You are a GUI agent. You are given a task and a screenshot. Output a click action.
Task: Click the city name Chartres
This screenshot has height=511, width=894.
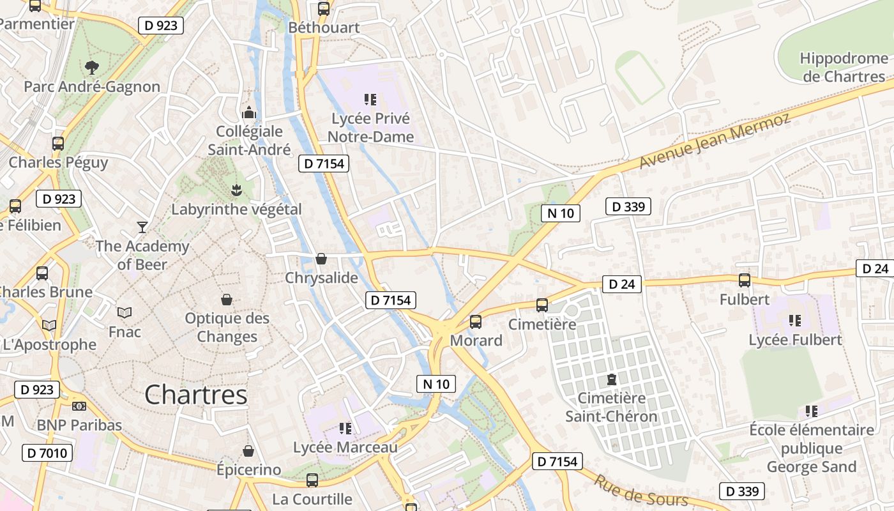point(195,395)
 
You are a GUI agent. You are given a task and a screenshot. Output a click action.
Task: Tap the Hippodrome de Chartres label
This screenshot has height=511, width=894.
point(843,68)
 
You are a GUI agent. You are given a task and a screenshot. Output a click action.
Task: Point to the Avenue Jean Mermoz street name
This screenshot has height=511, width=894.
point(715,141)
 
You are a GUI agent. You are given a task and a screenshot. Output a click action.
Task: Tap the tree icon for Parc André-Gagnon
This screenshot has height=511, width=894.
point(92,67)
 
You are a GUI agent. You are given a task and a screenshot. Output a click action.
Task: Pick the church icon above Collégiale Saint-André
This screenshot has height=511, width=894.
point(249,112)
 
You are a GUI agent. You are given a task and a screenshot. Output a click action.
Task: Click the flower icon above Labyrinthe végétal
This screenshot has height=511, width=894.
point(236,190)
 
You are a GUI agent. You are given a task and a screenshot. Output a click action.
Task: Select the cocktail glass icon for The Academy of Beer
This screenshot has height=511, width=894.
point(142,227)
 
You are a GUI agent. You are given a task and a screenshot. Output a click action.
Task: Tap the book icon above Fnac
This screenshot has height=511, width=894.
point(125,312)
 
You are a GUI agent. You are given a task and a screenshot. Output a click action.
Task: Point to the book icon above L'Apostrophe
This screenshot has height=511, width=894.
point(49,325)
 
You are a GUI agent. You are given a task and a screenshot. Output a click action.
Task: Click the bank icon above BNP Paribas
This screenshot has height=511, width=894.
point(79,406)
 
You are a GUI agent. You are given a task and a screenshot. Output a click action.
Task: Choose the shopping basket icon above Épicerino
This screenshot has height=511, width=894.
point(248,451)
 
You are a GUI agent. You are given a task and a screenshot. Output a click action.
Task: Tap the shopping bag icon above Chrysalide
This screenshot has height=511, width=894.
point(321,258)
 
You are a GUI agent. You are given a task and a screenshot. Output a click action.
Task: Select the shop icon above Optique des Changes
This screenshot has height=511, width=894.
point(226,299)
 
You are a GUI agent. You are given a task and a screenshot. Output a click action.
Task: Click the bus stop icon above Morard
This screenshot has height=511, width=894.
point(476,321)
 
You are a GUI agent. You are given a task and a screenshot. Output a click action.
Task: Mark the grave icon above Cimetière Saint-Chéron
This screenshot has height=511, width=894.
point(612,379)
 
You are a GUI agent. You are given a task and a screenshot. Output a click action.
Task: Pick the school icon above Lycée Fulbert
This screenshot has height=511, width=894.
point(795,320)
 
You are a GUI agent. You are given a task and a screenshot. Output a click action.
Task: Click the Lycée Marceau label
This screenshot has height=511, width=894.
point(345,448)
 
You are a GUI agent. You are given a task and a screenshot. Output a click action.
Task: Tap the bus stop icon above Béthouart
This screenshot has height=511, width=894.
point(324,9)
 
